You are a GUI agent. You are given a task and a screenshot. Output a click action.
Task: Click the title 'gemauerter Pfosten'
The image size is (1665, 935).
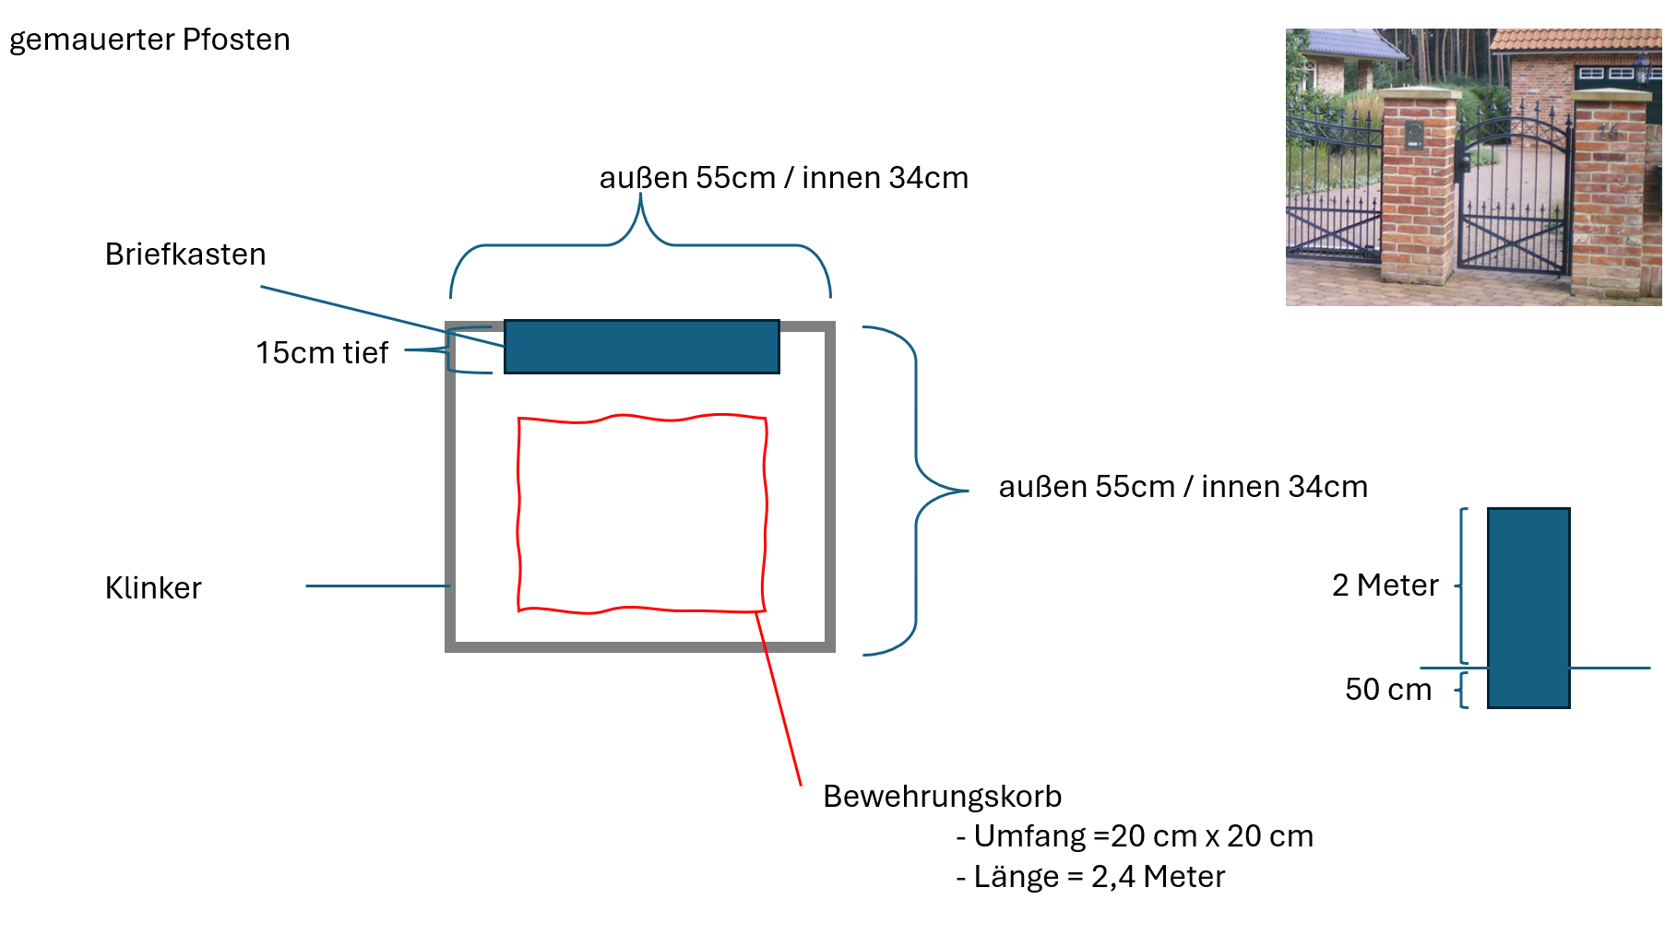point(149,40)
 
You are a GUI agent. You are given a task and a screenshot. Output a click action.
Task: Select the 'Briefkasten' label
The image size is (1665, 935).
point(185,254)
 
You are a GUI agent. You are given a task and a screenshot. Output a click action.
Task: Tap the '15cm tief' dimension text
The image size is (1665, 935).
point(322,352)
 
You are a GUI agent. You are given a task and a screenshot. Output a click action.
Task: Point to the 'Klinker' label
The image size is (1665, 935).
point(153,587)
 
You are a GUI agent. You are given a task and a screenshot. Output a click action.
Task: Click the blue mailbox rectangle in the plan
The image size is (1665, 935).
point(641,347)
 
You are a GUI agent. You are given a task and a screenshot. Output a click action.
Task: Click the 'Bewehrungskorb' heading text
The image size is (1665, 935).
point(942,796)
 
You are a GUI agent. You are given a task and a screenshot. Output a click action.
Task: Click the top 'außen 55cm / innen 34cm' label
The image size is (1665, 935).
point(783,177)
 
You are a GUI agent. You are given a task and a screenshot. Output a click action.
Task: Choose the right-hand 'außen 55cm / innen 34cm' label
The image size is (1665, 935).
point(1183,486)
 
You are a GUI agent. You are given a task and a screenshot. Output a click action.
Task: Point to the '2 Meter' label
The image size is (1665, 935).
point(1385,585)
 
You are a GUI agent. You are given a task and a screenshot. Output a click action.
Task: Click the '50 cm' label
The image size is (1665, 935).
point(1388,689)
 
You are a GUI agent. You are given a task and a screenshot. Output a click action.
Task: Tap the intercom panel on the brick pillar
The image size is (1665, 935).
point(1414,136)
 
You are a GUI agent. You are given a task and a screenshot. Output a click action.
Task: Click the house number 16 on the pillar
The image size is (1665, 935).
point(1609,132)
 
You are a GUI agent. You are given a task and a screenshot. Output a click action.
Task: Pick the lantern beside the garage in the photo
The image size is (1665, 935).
point(1642,67)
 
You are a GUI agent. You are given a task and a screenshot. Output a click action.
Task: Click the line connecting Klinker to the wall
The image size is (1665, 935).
point(377,586)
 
